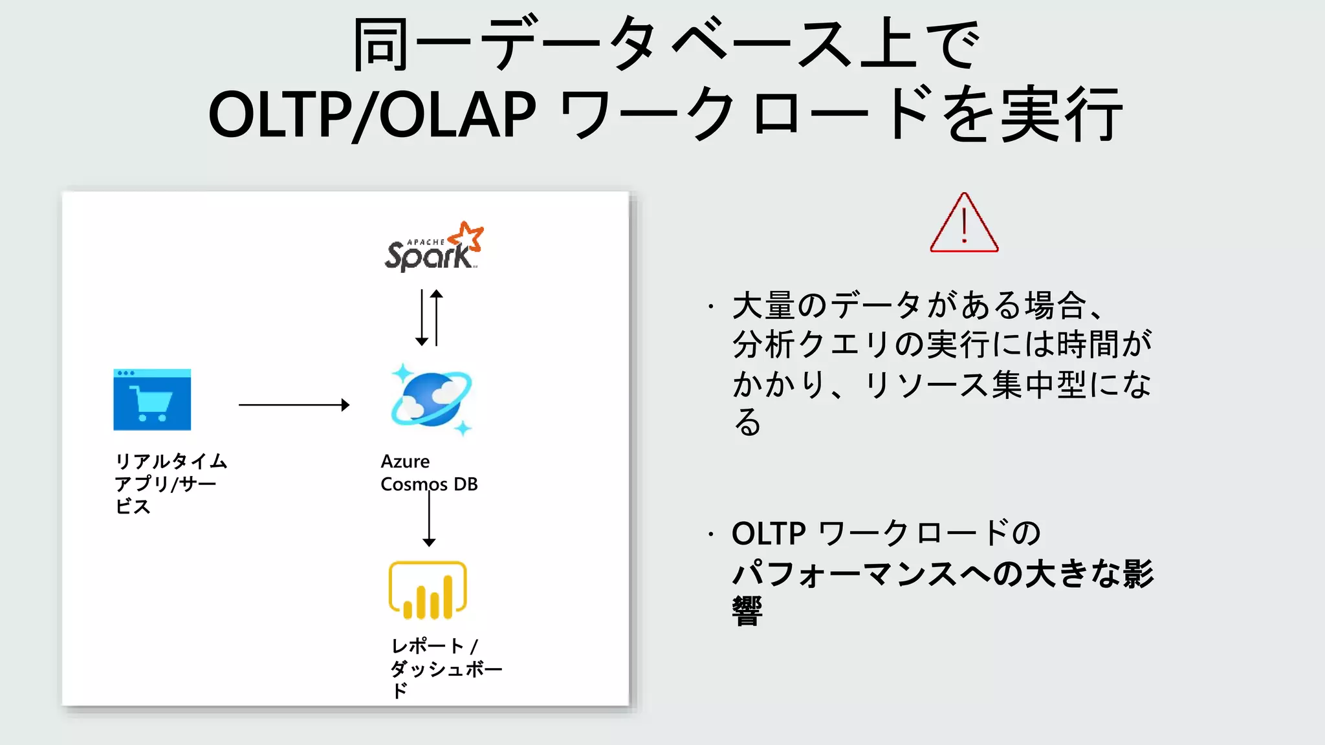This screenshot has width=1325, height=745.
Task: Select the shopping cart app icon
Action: coord(152,400)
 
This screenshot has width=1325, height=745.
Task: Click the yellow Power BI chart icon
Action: coord(428,590)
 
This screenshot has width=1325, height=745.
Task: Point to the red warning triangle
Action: coord(964,224)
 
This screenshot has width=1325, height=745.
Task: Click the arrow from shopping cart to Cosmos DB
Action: coord(294,405)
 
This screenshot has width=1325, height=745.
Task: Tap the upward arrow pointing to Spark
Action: coord(437,317)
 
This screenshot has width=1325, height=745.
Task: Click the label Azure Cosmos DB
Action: coord(428,473)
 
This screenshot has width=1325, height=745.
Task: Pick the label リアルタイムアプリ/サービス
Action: coord(170,483)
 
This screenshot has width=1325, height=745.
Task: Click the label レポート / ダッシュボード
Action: coord(445,667)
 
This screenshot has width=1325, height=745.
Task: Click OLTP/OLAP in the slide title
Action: coord(372,115)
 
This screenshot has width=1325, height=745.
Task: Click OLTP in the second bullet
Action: coord(768,534)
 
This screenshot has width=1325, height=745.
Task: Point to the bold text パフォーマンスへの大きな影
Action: coord(942,574)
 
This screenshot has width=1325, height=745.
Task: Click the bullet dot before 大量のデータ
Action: coord(710,306)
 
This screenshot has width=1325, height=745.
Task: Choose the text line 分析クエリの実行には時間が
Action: coord(941,344)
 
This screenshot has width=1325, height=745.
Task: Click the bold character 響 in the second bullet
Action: coord(747,611)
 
